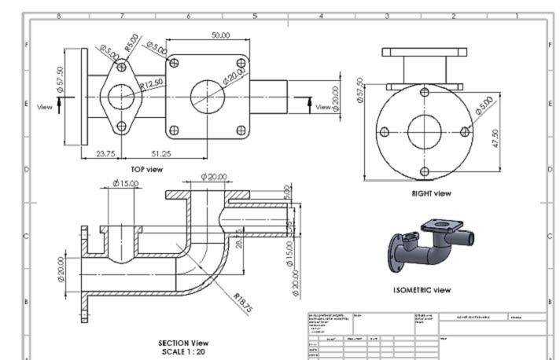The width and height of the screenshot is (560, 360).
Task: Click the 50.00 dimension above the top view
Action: (x=221, y=35)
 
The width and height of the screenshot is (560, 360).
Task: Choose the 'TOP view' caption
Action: (x=147, y=169)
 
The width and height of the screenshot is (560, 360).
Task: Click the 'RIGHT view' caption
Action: (x=432, y=193)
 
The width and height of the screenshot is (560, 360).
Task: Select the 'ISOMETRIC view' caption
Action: (x=422, y=290)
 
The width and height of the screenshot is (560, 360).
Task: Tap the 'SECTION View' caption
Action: (x=182, y=343)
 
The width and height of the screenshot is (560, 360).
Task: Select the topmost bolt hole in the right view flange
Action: (x=425, y=92)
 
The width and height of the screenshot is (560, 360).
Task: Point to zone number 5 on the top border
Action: (x=254, y=15)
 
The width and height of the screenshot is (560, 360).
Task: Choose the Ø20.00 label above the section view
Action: (x=214, y=177)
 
